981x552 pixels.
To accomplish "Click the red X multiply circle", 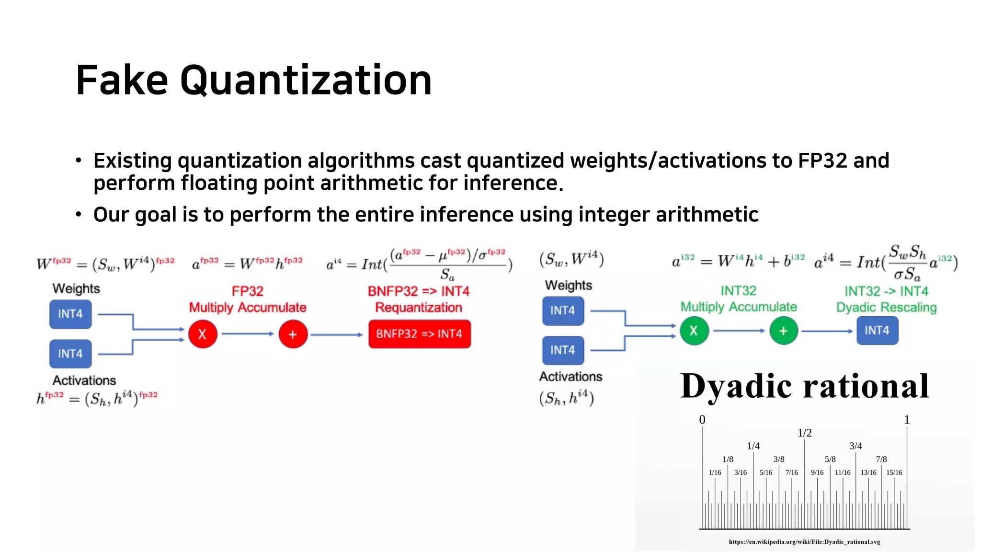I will [x=203, y=334].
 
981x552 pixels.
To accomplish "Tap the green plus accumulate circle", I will [x=783, y=331].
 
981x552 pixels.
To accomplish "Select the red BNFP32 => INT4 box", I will [x=419, y=334].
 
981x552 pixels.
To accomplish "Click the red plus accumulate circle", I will [x=293, y=334].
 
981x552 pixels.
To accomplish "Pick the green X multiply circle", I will [x=694, y=331].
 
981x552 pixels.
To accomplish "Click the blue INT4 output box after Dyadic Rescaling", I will [x=877, y=331].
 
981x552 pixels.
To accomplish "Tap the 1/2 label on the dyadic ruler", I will [x=804, y=433].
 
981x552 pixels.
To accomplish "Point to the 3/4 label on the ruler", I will [x=856, y=446].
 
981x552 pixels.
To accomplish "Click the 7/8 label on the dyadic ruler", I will [x=881, y=459].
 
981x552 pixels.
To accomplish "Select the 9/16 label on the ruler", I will [x=817, y=472].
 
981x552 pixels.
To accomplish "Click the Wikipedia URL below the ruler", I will [x=804, y=542].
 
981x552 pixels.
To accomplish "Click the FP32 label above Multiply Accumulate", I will [x=247, y=291].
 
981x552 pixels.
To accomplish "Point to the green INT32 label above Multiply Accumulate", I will [x=738, y=291].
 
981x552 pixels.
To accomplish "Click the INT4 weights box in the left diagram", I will [x=70, y=314].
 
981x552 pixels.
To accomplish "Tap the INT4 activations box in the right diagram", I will [x=563, y=350].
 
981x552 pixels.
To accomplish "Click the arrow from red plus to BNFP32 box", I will [x=337, y=334].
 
